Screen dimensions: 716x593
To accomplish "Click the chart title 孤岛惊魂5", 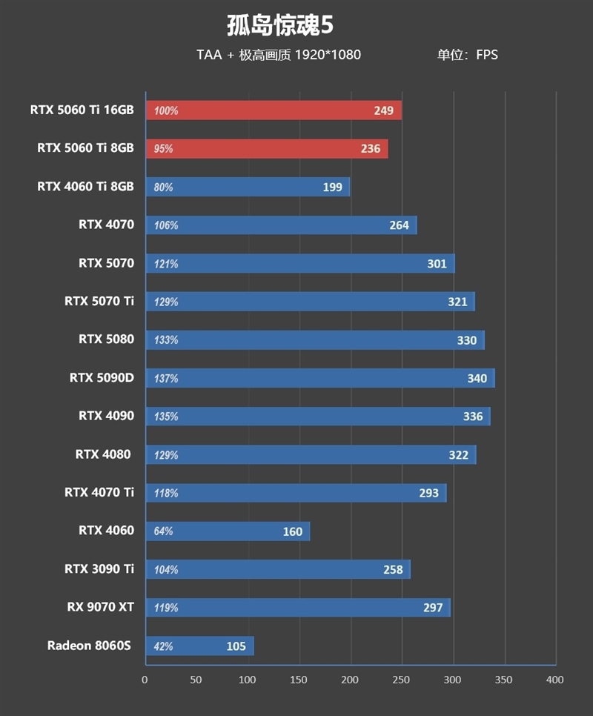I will pos(280,26).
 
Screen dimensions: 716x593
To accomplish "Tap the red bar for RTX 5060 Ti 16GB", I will pos(274,110).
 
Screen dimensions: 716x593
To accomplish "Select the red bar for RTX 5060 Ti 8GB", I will pos(267,149).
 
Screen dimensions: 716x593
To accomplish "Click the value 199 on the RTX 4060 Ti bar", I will pos(332,188).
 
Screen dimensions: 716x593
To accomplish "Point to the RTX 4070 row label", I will pos(106,225).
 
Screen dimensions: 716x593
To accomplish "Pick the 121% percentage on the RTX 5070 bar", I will pos(166,264).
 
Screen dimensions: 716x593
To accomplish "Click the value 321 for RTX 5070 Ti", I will pos(457,302).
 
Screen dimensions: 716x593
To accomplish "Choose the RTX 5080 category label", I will pos(106,339).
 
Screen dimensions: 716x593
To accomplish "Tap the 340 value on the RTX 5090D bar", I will pos(477,379).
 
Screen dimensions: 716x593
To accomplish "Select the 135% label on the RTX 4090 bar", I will pos(166,417).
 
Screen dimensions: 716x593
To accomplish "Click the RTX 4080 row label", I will pos(104,454).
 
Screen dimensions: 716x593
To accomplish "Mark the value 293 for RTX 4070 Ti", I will pos(428,493).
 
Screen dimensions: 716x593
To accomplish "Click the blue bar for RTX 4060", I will pos(228,531).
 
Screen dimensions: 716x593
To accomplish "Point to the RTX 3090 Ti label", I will pos(99,569).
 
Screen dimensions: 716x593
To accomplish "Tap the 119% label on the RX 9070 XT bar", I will pos(166,608).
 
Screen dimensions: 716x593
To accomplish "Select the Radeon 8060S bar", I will pos(199,646).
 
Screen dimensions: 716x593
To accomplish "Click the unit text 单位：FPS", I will pos(467,55).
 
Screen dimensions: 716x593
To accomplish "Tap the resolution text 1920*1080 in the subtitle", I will pos(328,55).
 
